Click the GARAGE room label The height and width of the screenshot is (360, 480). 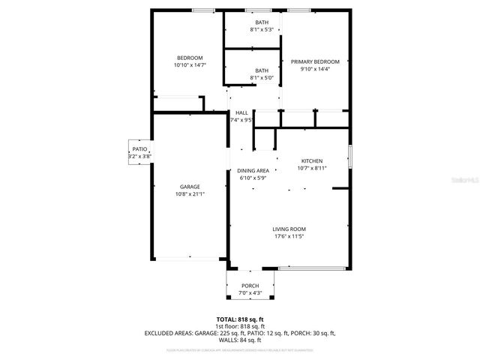(190, 187)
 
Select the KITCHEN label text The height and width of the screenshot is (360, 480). (311, 161)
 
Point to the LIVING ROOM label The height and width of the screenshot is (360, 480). (289, 229)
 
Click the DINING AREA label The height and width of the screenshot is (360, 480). (253, 171)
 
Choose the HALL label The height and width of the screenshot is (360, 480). (241, 112)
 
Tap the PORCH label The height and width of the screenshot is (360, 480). (250, 286)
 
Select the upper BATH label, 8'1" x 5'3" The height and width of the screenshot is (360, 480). (262, 22)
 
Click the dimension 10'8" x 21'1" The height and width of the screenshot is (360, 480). (190, 193)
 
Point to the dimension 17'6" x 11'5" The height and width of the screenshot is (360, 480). (289, 236)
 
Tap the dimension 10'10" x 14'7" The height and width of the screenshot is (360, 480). (190, 65)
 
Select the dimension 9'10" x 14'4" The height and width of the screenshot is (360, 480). (315, 69)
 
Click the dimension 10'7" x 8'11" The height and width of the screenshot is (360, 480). (311, 169)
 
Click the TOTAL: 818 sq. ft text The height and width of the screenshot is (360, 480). (239, 319)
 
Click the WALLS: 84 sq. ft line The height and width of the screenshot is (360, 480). (239, 339)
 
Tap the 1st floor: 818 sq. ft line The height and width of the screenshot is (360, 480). (239, 325)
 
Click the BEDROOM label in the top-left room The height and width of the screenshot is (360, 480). (190, 58)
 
